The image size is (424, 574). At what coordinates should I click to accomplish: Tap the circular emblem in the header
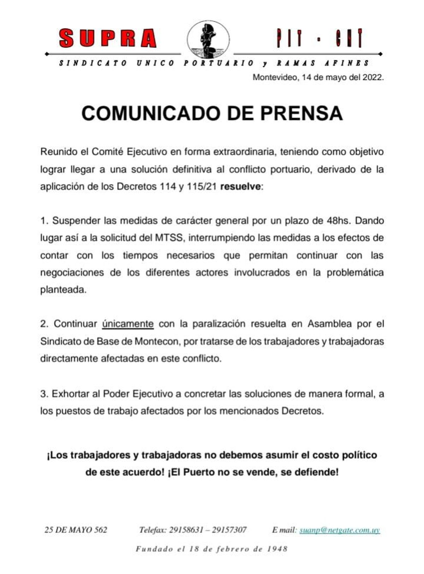point(208,40)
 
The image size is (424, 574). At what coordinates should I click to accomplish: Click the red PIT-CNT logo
point(320,38)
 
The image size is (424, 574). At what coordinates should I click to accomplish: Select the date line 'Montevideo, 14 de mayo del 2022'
point(318,77)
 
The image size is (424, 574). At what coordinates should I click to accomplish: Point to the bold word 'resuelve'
point(240,187)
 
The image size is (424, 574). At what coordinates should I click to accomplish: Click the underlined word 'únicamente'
point(128,324)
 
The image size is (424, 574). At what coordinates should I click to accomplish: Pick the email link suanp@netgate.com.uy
point(340,530)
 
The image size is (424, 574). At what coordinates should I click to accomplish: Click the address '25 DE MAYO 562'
point(76,530)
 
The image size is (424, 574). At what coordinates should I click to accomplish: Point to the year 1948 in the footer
point(277,549)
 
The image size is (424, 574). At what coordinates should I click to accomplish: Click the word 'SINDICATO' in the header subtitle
point(93,63)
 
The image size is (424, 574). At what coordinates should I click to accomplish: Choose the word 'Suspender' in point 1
point(76,221)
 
